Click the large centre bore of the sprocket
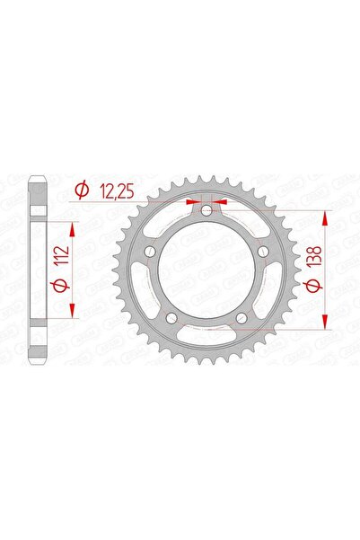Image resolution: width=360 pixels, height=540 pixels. [x=206, y=270]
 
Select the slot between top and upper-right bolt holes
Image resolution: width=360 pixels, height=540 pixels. [x=242, y=220]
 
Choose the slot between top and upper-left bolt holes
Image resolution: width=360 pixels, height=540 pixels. [x=171, y=220]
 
